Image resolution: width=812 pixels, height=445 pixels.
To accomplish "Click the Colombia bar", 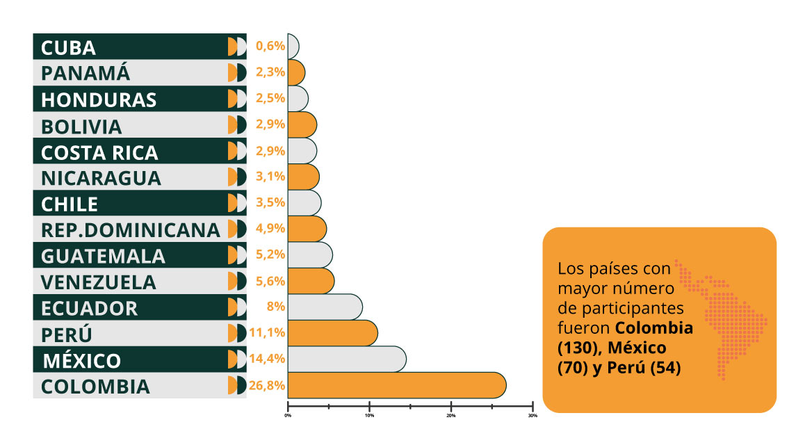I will pos(396,385).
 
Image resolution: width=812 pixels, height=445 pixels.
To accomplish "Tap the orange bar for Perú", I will pos(332,333).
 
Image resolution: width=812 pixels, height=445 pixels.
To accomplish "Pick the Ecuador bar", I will pos(325,307).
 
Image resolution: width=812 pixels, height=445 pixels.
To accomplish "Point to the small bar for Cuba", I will pos(293,47).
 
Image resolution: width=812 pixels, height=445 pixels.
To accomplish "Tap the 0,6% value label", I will pos(270,47).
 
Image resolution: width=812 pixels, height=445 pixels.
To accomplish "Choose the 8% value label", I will pos(276,307).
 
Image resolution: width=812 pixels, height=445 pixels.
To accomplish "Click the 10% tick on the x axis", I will pos(369,416).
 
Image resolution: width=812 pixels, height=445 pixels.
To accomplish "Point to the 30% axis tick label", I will pos(533,416).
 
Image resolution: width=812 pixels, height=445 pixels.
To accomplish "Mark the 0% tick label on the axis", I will pos(288,416).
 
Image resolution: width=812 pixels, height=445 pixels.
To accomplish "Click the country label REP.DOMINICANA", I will pos(130,229).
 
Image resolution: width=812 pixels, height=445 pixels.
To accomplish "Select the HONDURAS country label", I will pos(98,99).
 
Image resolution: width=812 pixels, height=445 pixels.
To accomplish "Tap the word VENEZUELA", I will pos(98,282).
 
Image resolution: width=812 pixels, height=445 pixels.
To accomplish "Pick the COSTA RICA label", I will pos(99,152).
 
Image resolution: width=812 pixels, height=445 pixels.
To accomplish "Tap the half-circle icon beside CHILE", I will pos(237,203).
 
